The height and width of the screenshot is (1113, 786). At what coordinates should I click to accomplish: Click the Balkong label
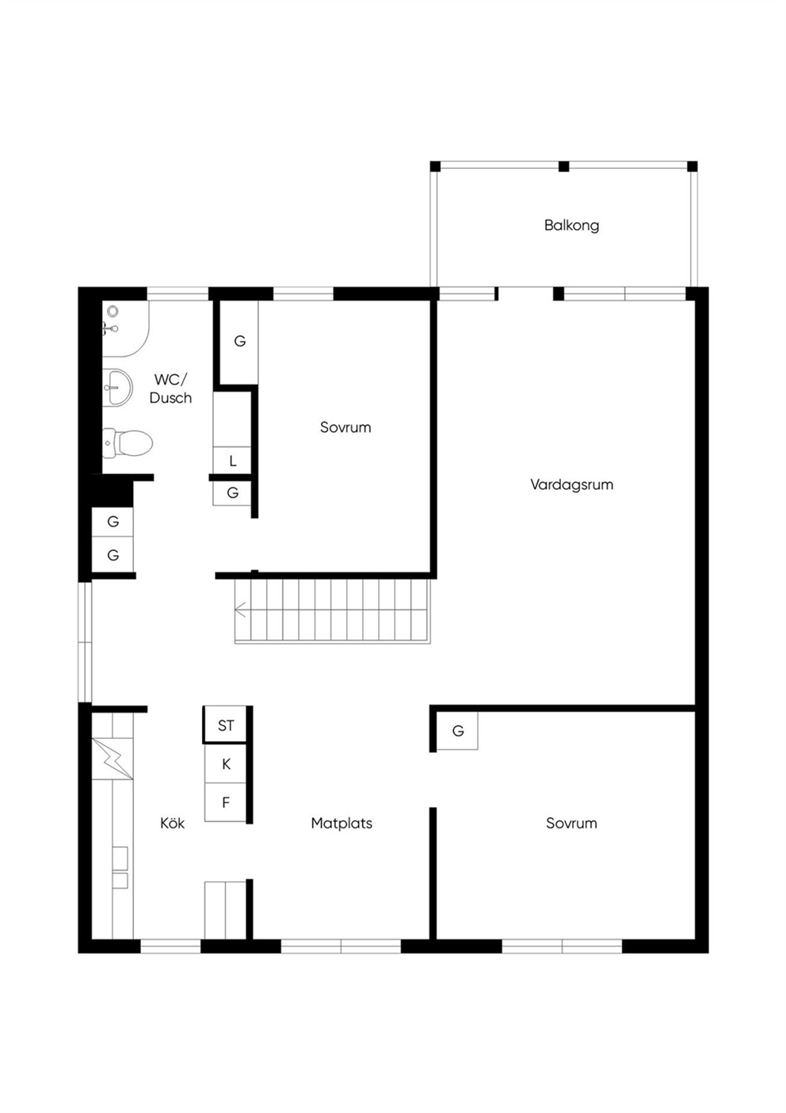point(571,226)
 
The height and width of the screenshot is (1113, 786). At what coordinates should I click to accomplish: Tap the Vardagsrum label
point(571,484)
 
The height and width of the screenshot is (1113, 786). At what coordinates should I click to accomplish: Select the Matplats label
point(341,824)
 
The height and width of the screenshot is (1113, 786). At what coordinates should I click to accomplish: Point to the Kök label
point(172,824)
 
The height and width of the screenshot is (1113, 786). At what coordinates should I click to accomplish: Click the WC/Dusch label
point(170,388)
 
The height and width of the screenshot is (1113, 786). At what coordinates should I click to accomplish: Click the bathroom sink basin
point(118,388)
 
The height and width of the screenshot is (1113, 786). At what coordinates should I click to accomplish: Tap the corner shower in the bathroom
point(125,328)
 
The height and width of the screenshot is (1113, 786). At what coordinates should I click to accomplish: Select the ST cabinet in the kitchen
point(226,725)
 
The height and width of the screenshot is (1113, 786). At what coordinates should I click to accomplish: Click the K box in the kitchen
point(226,763)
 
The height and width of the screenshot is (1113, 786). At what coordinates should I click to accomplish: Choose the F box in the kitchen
point(226,802)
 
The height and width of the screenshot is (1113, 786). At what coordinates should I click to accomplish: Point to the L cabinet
point(232,461)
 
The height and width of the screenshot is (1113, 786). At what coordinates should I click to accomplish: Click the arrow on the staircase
point(241,609)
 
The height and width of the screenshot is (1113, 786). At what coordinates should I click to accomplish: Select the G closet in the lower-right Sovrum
point(458,730)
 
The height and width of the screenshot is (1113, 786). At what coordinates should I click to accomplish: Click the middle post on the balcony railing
point(563,166)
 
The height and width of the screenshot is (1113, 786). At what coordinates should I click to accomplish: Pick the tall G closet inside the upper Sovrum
point(239,342)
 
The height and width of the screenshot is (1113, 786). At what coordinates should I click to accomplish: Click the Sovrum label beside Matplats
point(571,824)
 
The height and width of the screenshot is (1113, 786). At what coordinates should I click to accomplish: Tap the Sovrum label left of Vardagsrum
point(345,427)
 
